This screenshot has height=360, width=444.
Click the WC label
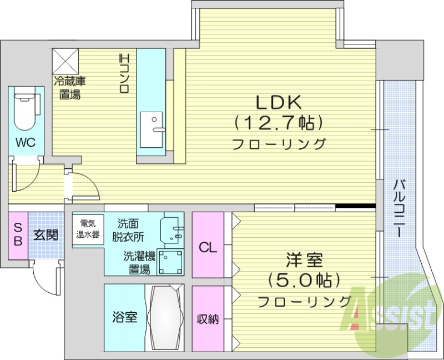25,142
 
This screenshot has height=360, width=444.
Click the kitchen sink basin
151,129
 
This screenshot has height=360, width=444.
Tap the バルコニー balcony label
399,208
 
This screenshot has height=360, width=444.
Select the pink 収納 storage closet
208,319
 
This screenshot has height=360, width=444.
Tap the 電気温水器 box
88,229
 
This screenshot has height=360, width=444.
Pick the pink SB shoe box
18,236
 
